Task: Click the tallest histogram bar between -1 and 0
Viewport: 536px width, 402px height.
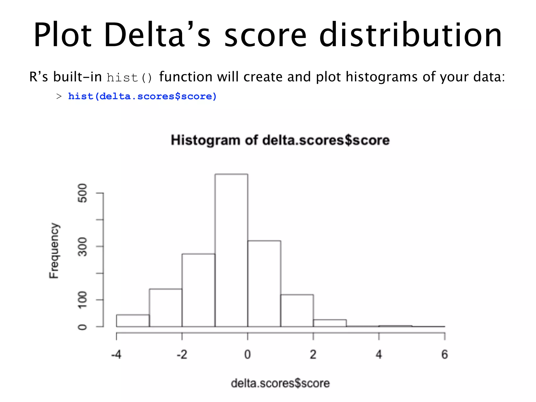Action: [x=231, y=250]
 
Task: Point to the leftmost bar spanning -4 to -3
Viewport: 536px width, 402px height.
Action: [x=133, y=321]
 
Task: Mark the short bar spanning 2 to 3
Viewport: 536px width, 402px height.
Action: [x=330, y=323]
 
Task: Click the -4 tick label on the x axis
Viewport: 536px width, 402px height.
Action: [x=116, y=355]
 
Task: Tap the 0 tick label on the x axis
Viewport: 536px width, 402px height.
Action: [x=248, y=355]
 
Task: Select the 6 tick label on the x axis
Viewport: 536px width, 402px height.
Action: [x=445, y=355]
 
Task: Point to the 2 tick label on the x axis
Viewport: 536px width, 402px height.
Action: [x=313, y=355]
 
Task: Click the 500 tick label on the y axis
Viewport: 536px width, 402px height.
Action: [x=83, y=193]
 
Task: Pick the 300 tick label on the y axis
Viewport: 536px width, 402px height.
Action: [x=83, y=247]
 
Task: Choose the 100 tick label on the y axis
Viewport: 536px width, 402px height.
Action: [x=83, y=300]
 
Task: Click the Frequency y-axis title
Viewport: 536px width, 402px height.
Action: [x=54, y=250]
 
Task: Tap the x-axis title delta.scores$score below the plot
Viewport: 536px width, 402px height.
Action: [x=280, y=383]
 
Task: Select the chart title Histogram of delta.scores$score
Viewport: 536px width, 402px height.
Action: [x=280, y=140]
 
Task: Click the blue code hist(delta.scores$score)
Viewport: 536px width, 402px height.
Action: [x=142, y=96]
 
